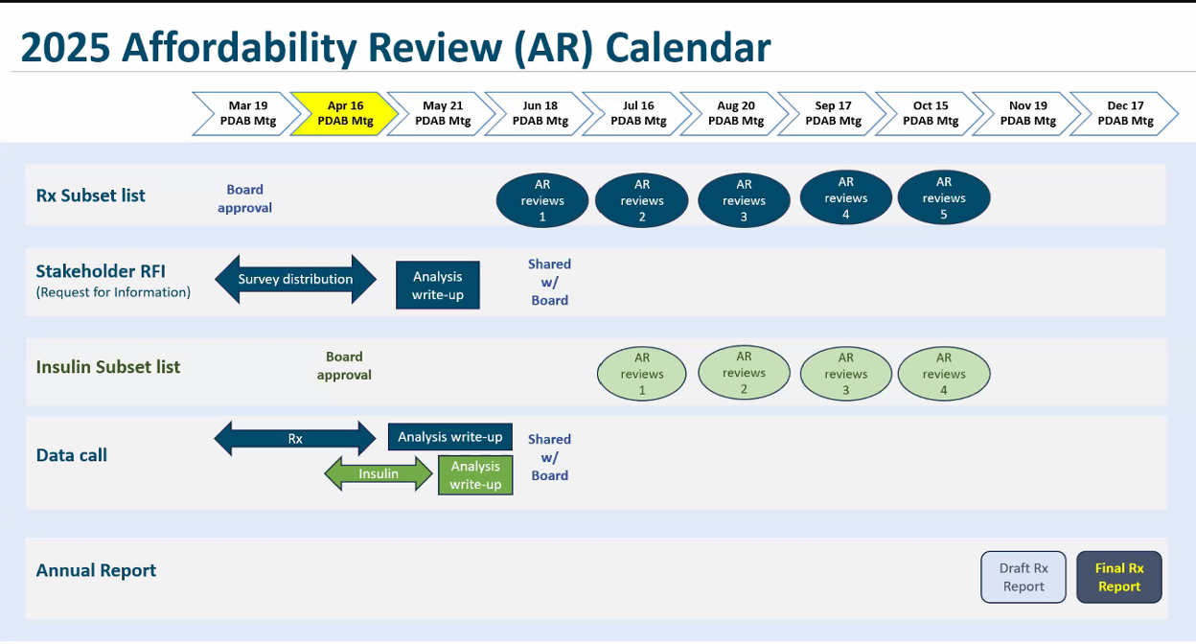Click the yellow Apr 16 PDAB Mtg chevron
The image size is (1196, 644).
[345, 114]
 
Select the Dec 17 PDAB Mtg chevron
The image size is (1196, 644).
[1125, 114]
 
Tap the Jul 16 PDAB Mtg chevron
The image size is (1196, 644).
[638, 114]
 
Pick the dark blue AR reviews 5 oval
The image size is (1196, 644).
[943, 197]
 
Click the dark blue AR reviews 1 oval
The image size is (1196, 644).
[542, 200]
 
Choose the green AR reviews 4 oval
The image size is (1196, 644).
[943, 373]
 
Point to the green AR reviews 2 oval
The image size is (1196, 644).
[744, 372]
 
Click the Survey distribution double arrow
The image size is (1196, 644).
[295, 279]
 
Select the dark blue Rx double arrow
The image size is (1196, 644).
[295, 438]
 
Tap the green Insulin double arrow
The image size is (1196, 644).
[378, 473]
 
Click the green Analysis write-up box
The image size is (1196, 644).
[475, 474]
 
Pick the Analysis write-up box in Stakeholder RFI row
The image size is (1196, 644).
[437, 286]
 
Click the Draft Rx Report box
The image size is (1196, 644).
[1023, 577]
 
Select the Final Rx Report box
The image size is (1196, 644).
[1119, 577]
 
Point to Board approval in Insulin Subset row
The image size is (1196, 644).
[344, 366]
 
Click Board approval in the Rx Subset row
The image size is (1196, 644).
[244, 198]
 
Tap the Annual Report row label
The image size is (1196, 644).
[96, 570]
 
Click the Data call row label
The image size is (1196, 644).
[72, 455]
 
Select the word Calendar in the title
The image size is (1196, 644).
[688, 47]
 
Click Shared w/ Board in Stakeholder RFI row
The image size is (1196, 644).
[549, 282]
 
